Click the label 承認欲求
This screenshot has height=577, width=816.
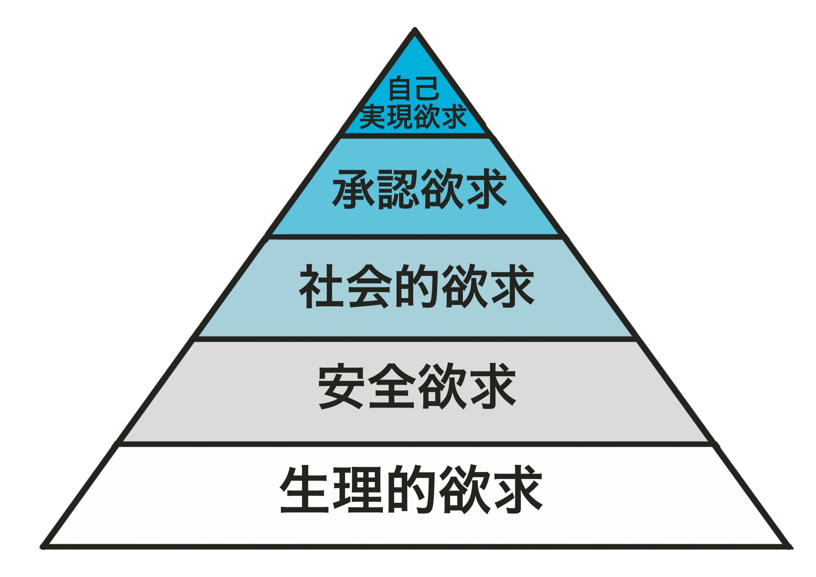point(420,189)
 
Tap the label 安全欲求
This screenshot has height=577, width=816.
point(417,386)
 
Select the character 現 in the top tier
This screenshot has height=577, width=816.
point(400,117)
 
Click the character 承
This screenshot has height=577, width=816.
point(354,189)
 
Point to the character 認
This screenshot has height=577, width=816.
point(397,189)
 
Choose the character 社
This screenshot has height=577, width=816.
point(321,286)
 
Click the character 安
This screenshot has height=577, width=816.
point(341,386)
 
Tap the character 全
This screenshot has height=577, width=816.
point(392,386)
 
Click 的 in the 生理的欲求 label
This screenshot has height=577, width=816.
point(411,489)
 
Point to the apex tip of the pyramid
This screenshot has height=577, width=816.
point(414,28)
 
